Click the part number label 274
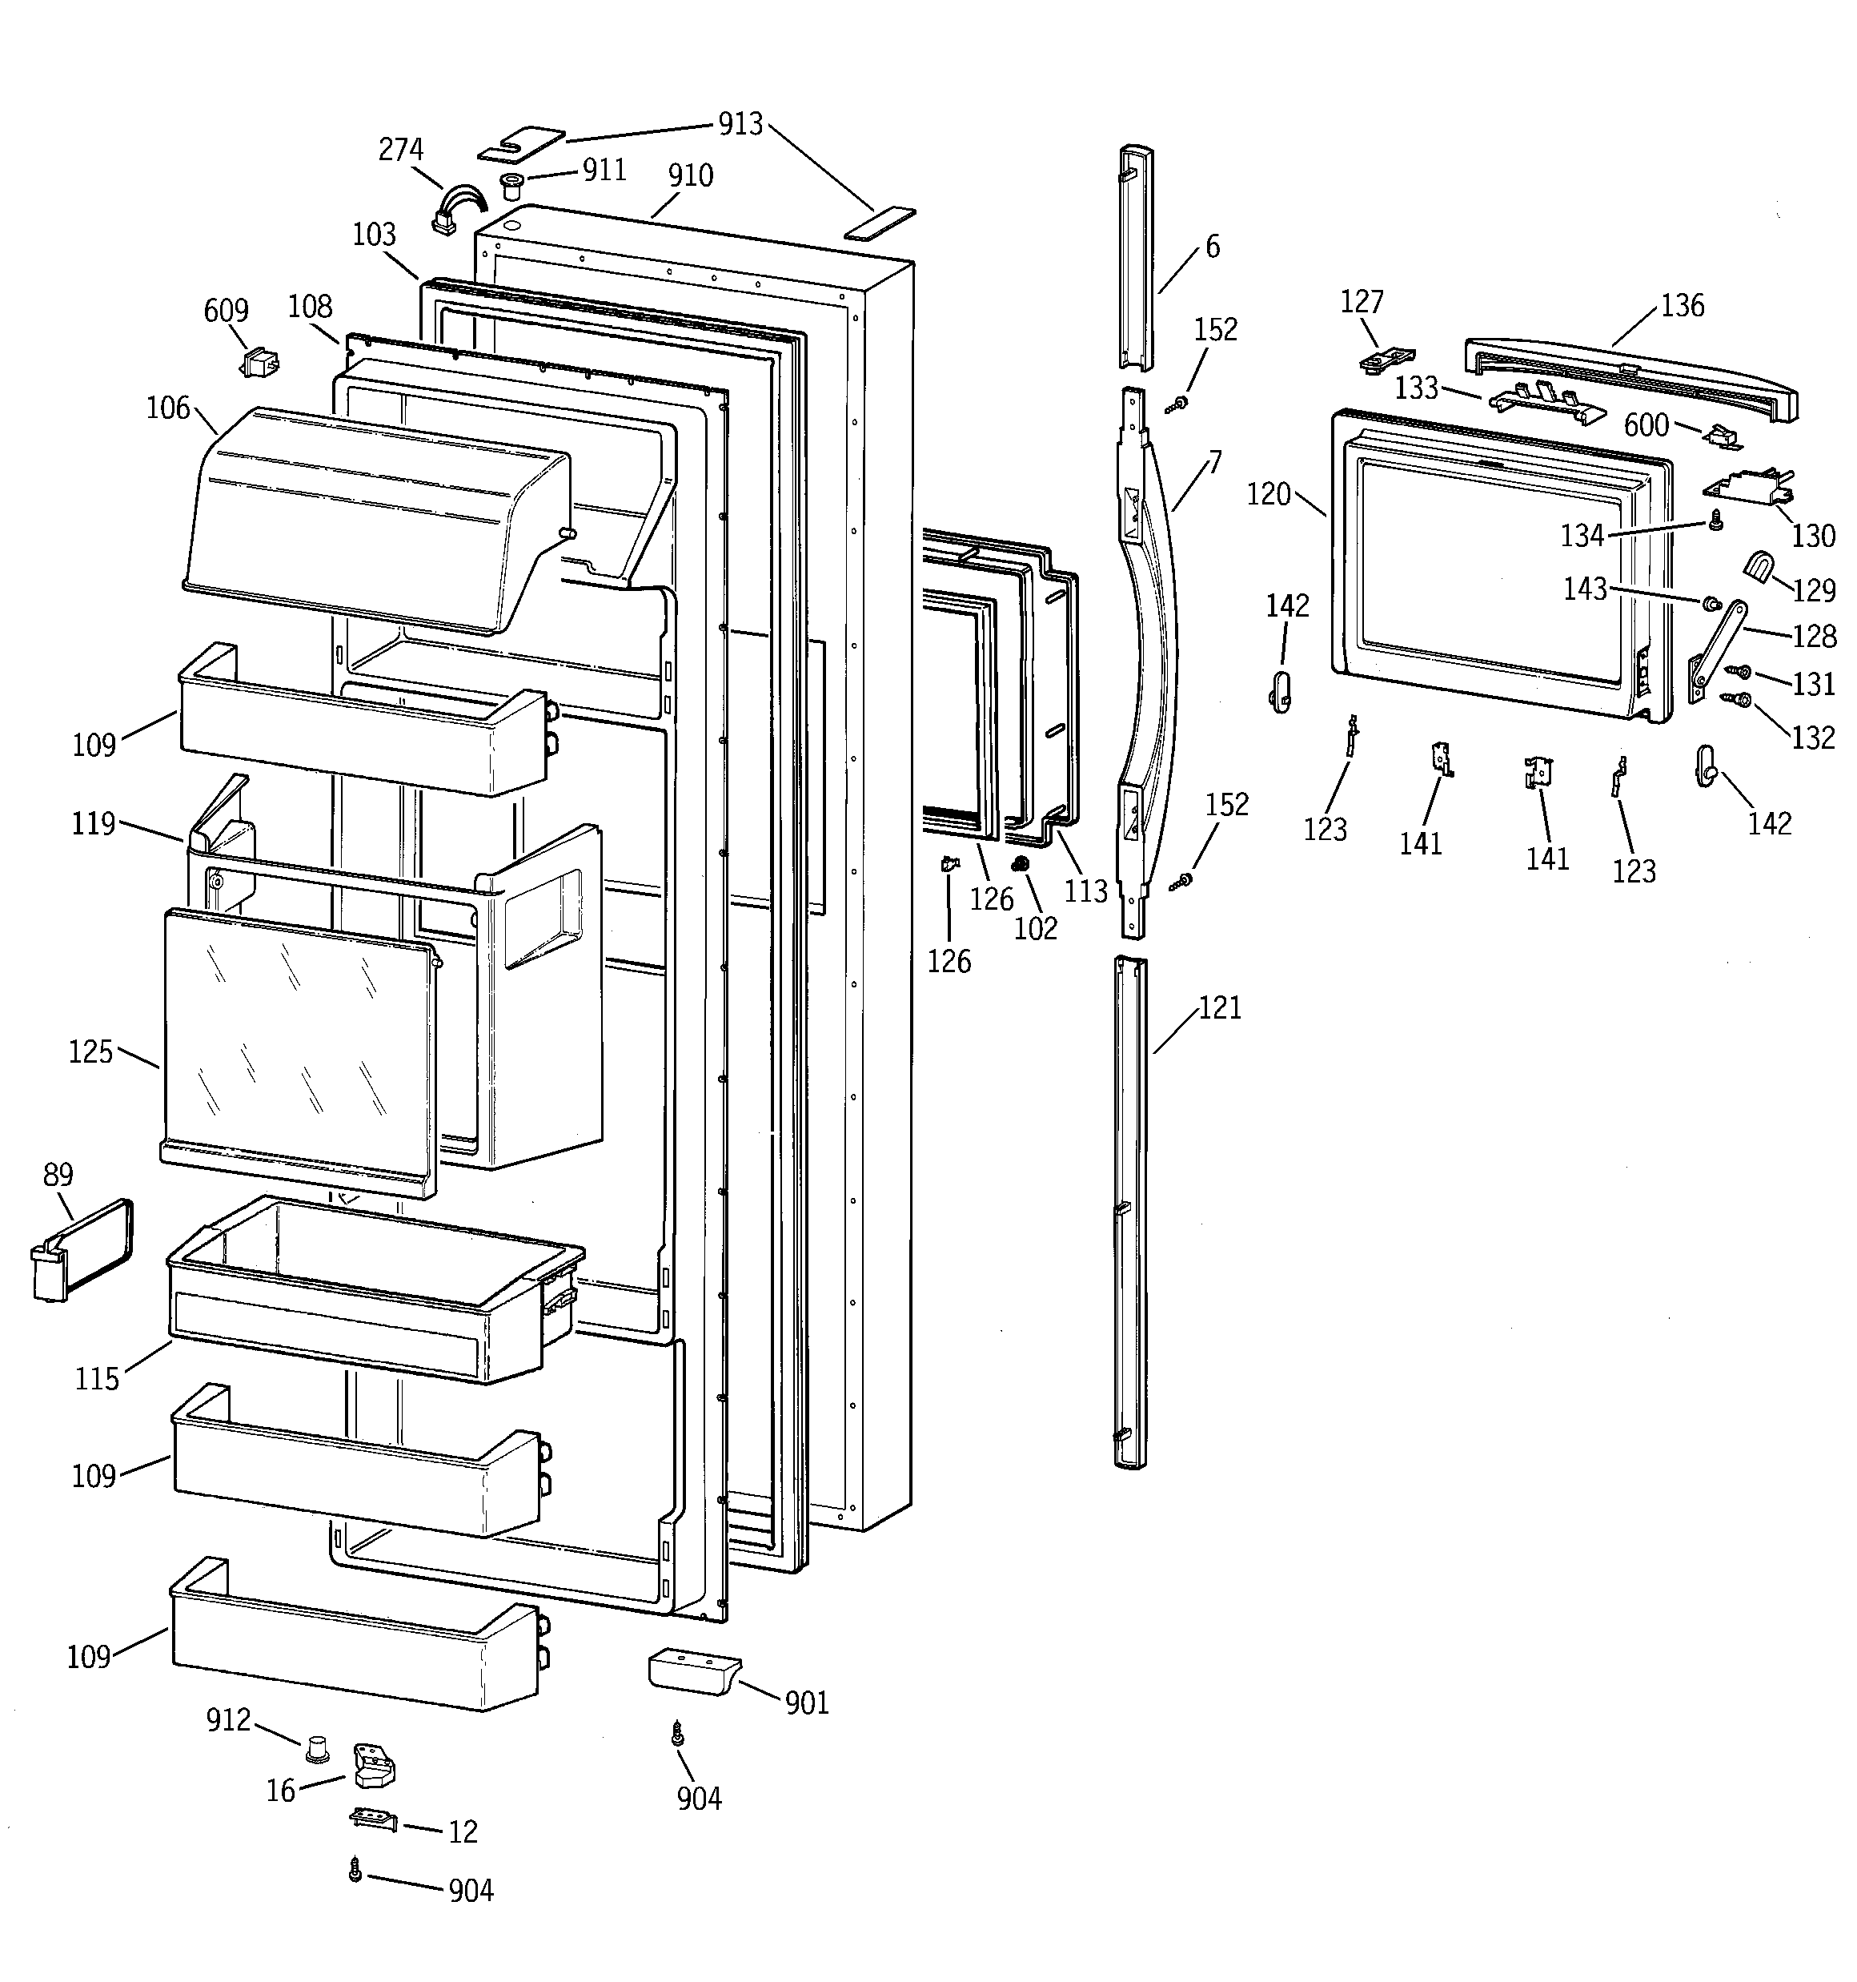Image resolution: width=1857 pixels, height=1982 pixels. tap(401, 150)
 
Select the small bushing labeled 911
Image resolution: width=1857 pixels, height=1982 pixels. tap(512, 184)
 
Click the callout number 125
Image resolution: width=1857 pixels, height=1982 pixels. tap(90, 1051)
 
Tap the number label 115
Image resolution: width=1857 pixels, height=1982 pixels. tap(97, 1379)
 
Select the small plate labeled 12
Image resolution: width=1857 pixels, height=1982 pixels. tap(373, 1819)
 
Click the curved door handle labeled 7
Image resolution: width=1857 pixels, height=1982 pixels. tap(1146, 658)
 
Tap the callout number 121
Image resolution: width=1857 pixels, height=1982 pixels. tap(1220, 1008)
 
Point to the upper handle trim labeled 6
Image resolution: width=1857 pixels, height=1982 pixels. tap(1137, 259)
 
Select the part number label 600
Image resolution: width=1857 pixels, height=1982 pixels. tap(1646, 426)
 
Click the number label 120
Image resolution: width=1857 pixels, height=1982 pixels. tap(1268, 495)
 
